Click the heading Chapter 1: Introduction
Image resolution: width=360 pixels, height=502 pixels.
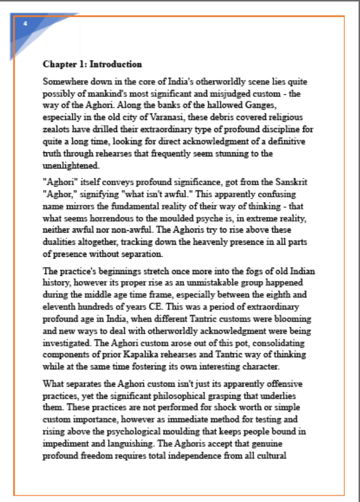92,64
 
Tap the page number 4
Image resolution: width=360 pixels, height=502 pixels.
25,24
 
